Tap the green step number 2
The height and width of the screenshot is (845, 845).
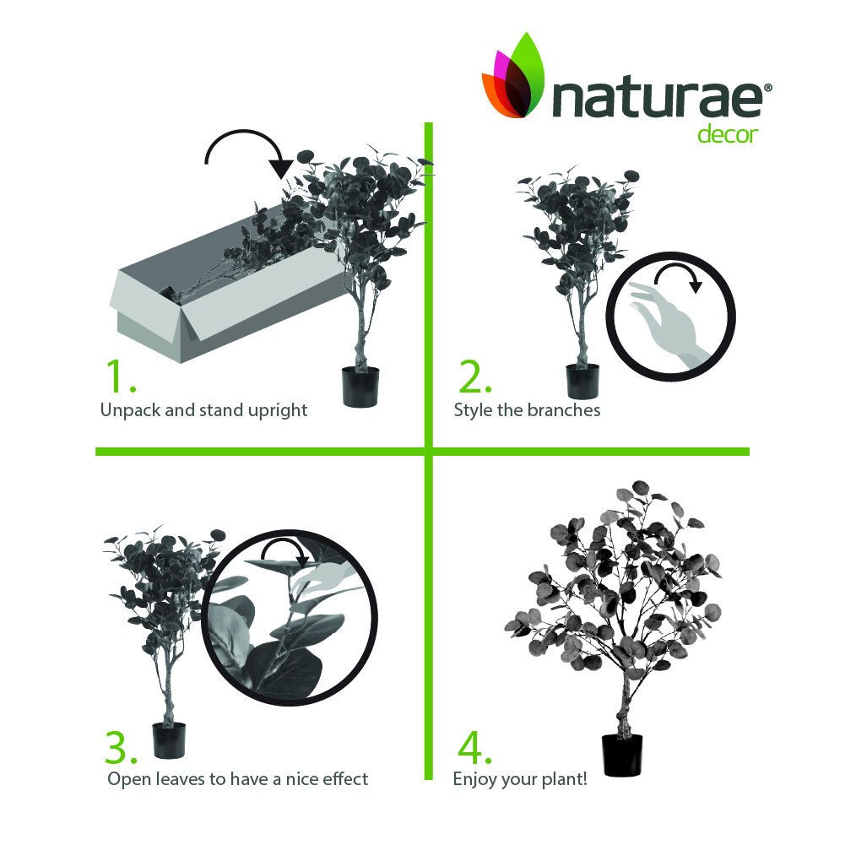474,376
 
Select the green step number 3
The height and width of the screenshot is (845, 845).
122,747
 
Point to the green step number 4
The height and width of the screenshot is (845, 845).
474,747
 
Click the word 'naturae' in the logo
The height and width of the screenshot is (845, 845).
657,99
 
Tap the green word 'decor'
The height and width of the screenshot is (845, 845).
728,135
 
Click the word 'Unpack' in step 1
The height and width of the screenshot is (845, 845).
130,410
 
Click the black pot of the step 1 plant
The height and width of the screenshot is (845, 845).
360,387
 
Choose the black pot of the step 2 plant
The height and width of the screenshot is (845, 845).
582,381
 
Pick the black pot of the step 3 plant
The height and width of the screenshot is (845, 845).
169,740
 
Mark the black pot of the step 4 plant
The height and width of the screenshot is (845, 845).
622,755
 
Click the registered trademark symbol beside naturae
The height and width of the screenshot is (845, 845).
768,88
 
